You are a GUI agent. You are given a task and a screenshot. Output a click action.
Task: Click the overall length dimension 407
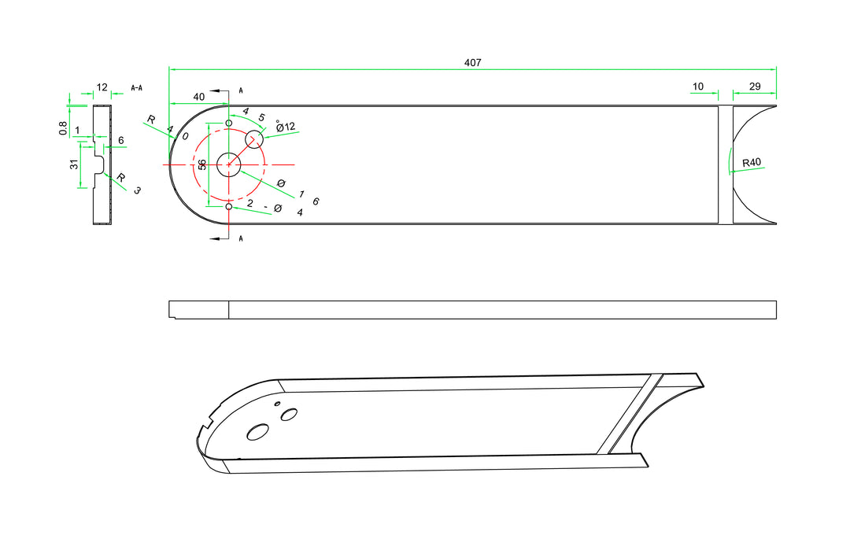[x=472, y=62]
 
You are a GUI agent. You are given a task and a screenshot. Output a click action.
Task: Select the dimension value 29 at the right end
[x=755, y=87]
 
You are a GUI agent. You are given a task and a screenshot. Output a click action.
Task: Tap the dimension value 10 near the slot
[x=698, y=87]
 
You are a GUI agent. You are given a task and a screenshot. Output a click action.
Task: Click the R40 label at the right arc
[x=752, y=163]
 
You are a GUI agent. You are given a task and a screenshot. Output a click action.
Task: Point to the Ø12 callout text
[x=286, y=127]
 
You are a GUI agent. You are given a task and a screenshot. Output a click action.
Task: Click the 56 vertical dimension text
[x=202, y=164]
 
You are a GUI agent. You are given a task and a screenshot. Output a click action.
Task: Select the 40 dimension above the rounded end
[x=199, y=97]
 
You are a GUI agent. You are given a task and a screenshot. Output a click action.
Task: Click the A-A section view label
[x=136, y=87]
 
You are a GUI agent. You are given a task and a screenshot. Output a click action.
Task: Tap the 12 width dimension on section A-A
[x=102, y=87]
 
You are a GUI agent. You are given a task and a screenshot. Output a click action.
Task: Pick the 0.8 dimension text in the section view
[x=63, y=127]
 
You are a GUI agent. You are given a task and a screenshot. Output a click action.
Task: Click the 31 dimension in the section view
[x=73, y=164]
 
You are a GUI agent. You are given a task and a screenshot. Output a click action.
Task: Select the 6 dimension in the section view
[x=120, y=141]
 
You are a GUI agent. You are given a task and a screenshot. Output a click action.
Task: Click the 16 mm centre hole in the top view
[x=228, y=164]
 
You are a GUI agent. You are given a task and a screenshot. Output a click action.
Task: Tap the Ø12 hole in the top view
[x=254, y=139]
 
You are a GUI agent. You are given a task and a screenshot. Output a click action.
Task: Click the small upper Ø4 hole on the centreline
[x=229, y=124]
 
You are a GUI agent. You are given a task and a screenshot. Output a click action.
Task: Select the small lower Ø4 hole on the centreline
[x=229, y=206]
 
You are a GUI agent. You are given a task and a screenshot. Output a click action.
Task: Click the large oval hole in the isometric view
[x=257, y=432]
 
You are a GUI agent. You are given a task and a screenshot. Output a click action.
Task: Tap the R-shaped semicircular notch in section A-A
[x=100, y=164]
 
